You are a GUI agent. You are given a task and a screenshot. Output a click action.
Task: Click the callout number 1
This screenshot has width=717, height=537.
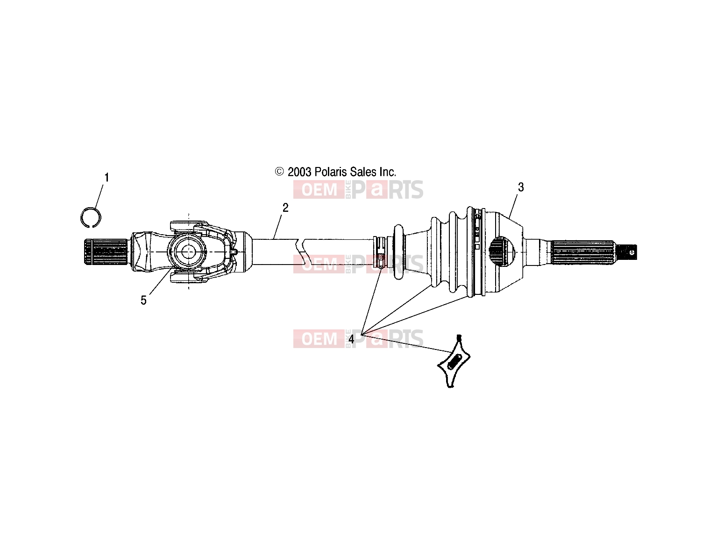106,177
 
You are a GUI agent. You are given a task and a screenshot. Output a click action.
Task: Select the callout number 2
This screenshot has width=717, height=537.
285,208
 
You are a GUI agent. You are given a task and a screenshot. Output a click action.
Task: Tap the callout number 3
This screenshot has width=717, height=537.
521,187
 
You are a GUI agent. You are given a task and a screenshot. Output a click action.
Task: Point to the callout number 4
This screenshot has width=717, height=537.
351,339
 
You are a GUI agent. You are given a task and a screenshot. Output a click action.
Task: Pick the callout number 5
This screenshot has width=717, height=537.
143,300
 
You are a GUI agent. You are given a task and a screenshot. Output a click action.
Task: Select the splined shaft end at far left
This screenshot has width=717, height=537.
106,251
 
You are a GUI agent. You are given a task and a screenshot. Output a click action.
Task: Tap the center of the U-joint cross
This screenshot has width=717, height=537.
188,251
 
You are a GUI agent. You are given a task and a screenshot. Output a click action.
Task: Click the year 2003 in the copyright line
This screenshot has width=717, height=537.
299,172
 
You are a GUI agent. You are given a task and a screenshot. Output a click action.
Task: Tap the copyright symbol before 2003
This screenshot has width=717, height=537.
279,172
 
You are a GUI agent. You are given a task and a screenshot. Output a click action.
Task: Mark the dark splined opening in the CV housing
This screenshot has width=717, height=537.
503,251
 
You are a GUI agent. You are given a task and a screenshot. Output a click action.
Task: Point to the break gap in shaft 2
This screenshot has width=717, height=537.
300,251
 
